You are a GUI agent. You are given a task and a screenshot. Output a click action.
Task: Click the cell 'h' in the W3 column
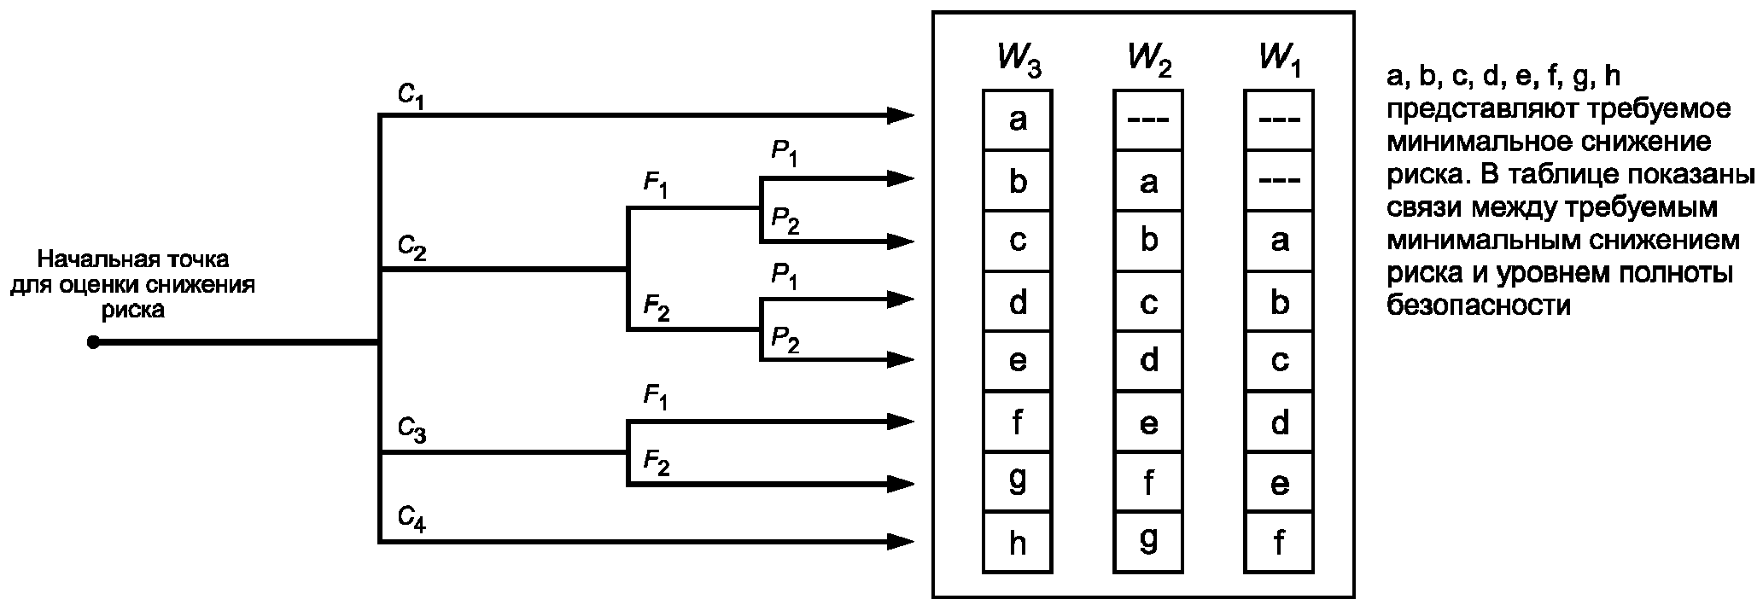coord(1018,543)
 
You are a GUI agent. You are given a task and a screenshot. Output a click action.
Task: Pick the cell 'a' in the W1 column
coord(1279,241)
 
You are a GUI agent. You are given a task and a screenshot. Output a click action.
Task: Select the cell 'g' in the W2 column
coord(1148,543)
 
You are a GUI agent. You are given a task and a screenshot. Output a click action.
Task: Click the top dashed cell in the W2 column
coord(1148,120)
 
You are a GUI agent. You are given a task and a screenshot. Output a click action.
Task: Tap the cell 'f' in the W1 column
coord(1279,543)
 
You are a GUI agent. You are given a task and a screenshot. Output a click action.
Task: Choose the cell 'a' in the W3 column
coord(1018,120)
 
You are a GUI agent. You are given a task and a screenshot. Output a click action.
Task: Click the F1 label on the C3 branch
coord(656,398)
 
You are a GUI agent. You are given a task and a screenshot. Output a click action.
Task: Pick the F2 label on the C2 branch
coord(656,307)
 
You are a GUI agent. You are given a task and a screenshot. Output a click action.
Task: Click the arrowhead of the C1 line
coord(901,114)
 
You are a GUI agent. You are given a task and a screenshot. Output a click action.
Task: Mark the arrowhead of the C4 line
coord(901,541)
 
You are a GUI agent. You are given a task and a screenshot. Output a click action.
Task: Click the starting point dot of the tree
coord(93,342)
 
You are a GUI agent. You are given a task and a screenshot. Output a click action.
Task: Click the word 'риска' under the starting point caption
coord(133,311)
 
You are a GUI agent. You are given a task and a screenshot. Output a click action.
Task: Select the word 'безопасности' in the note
coord(1479,305)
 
